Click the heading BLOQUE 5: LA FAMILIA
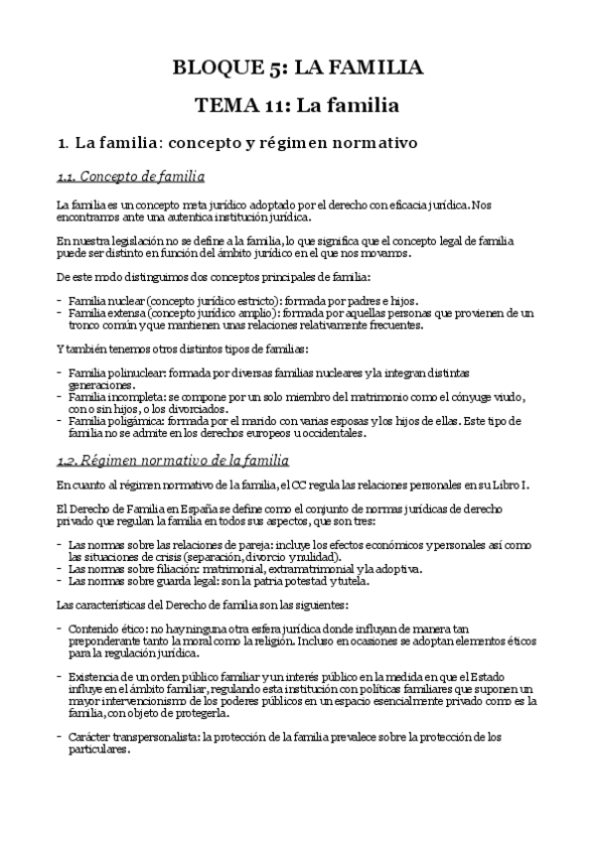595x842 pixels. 297,68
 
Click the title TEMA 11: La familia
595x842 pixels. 297,104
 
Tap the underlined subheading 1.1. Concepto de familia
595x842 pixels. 130,177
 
